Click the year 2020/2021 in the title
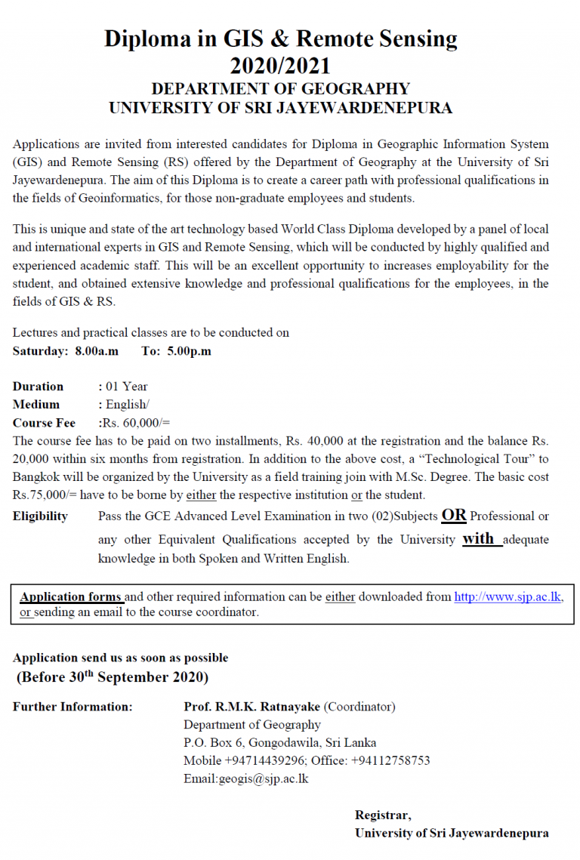pos(280,65)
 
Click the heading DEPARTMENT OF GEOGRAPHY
pos(280,89)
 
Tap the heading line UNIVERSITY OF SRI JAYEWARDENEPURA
pos(280,108)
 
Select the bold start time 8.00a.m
pos(97,351)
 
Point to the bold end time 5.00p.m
pos(189,351)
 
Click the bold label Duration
pos(39,387)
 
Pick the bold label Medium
pos(36,405)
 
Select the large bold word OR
pos(454,516)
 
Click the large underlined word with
pos(479,538)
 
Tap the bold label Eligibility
pos(40,516)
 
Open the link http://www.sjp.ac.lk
pos(507,596)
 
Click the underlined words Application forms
pos(71,596)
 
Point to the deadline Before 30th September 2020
pos(113,677)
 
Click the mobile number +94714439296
pos(266,760)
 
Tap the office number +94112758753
pos(390,760)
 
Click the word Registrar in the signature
pos(383,815)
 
